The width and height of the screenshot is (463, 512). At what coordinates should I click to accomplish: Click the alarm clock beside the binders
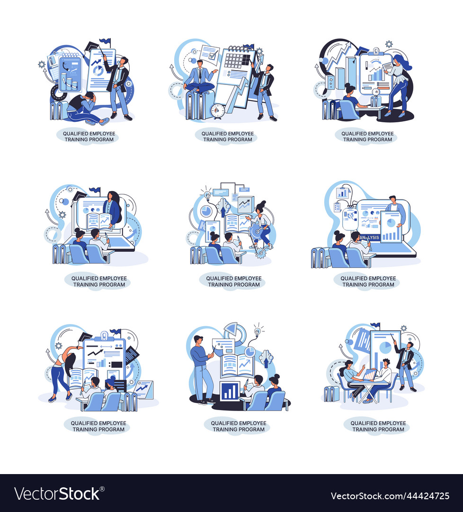pyautogui.click(x=218, y=111)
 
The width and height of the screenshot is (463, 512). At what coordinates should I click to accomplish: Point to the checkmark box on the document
pyautogui.click(x=209, y=55)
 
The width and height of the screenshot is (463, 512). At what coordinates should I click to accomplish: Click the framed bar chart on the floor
pyautogui.click(x=230, y=391)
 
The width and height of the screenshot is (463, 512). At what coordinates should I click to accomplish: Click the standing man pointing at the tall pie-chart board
pyautogui.click(x=405, y=363)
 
